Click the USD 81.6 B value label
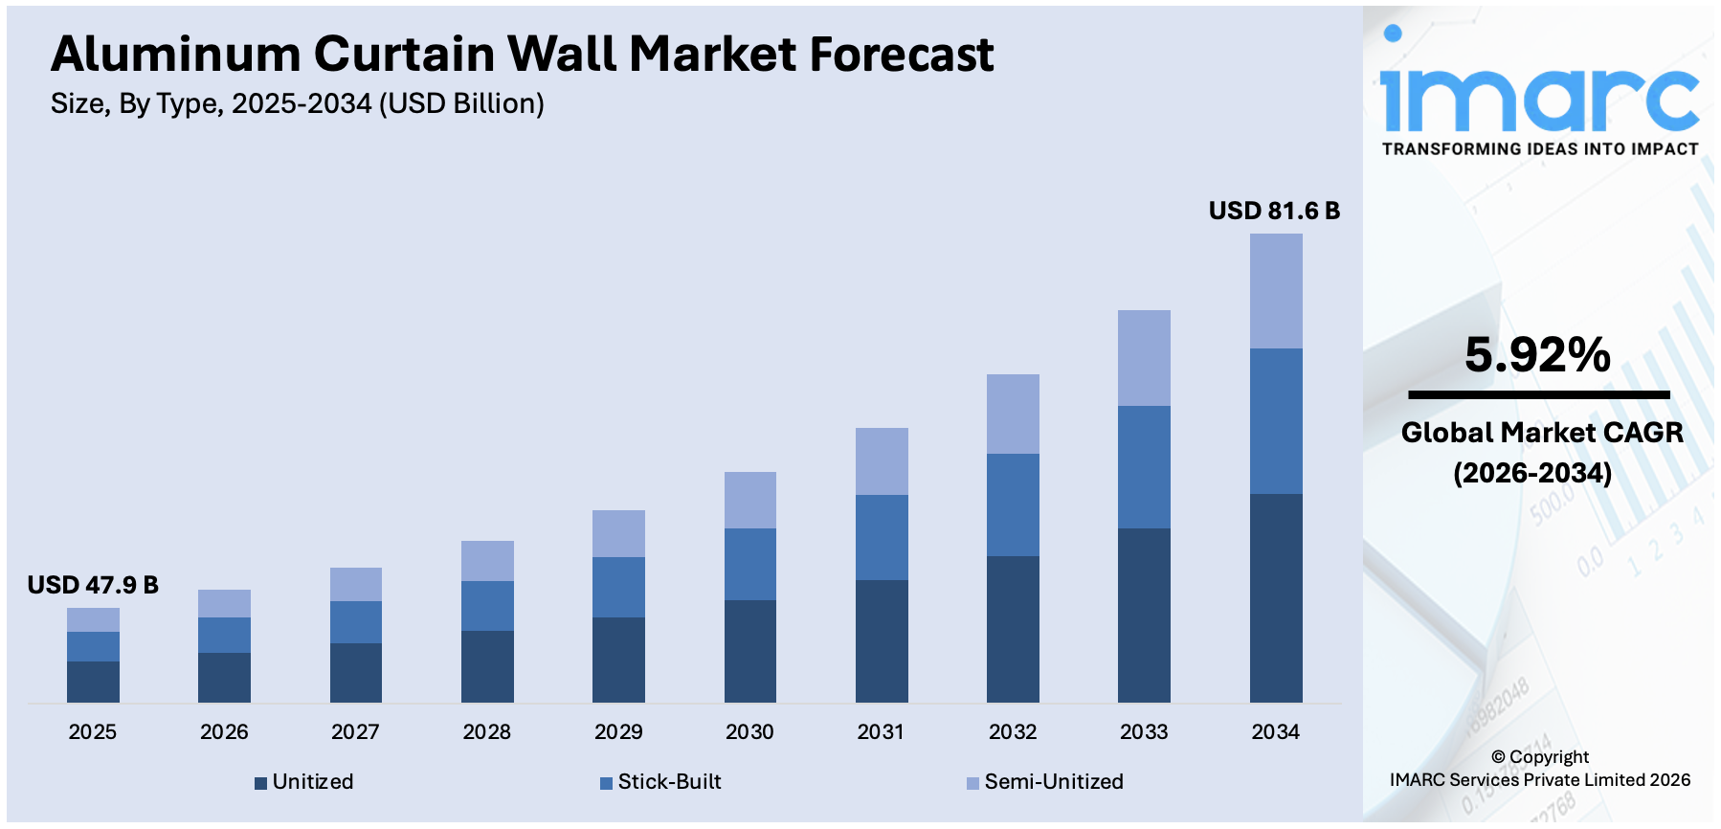point(1273,211)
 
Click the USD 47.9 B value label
point(93,585)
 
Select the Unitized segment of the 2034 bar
point(1275,597)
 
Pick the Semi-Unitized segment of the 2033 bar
point(1144,358)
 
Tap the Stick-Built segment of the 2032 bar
point(1013,504)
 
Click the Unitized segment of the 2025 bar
point(93,682)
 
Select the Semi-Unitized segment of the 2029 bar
point(618,533)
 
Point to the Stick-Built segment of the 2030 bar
point(749,564)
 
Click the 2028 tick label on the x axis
point(486,732)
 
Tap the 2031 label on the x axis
point(881,732)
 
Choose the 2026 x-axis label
point(224,732)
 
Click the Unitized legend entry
point(304,782)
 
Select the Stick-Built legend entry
point(660,782)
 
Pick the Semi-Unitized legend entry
point(1045,782)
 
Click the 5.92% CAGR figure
point(1537,355)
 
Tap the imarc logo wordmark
point(1538,96)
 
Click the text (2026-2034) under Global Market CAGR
point(1531,473)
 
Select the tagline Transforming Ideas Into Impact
point(1539,149)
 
